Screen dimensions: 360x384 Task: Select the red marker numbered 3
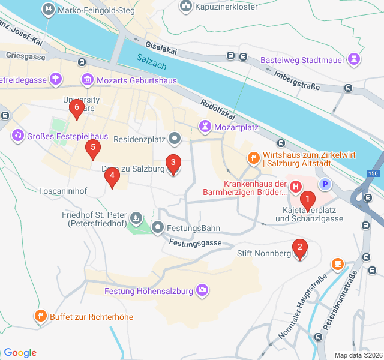(173, 163)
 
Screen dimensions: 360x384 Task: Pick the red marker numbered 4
(111, 176)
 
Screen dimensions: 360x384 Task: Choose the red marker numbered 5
(92, 148)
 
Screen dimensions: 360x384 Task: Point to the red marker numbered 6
(76, 109)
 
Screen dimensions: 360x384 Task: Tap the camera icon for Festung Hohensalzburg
(203, 291)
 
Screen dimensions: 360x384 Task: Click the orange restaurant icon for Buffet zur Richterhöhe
(41, 316)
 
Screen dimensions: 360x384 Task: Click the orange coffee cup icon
(338, 263)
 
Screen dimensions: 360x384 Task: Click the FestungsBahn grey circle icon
(158, 227)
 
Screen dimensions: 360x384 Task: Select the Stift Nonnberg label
(264, 254)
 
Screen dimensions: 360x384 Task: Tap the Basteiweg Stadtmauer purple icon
(355, 60)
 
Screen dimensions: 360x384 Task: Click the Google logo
(20, 353)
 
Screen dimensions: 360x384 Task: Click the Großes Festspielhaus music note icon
(18, 136)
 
